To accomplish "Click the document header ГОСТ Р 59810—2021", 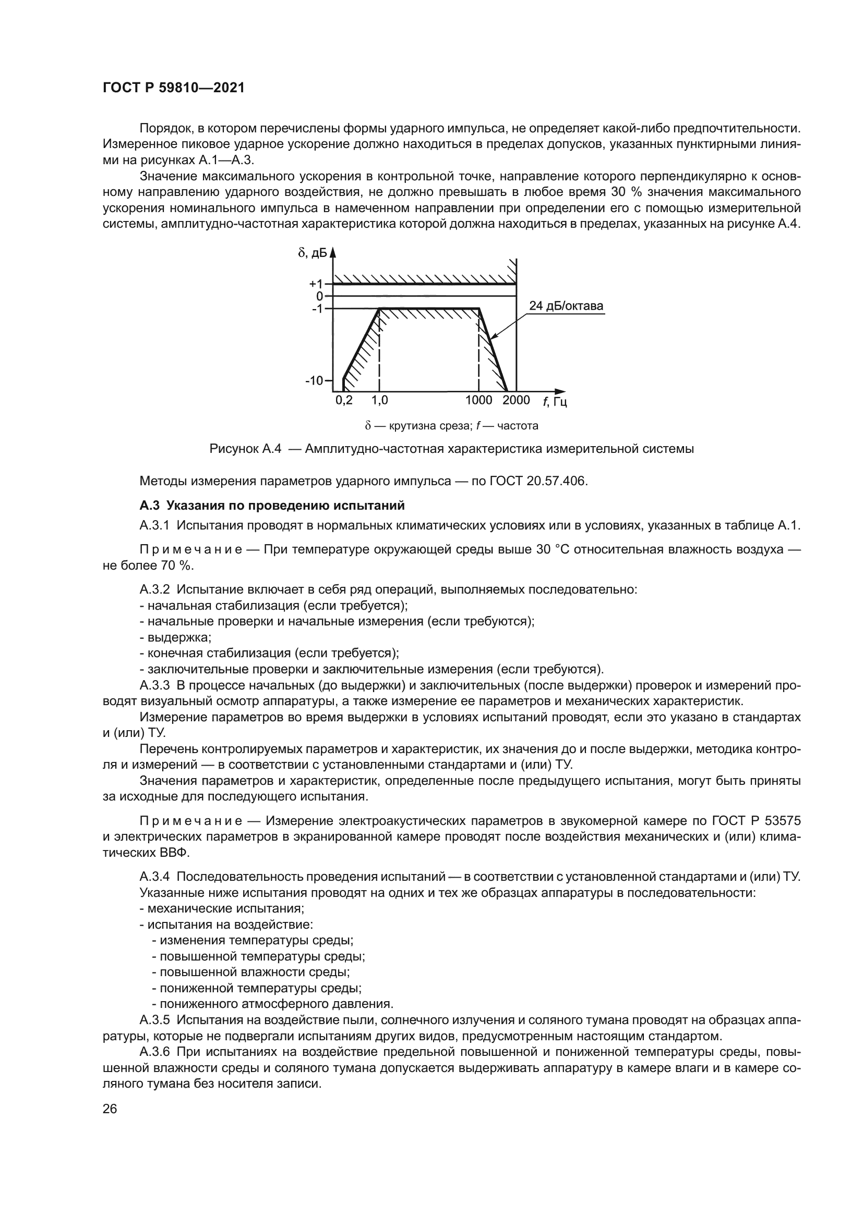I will [x=174, y=88].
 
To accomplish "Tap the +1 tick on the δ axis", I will [x=317, y=284].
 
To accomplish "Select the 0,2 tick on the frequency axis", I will [x=344, y=400].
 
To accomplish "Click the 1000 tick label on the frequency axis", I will [x=478, y=400].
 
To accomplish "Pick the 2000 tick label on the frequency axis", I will [x=516, y=400].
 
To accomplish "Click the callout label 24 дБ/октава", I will [x=566, y=306].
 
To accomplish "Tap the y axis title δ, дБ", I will [x=313, y=253].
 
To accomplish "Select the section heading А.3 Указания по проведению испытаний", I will [x=272, y=505].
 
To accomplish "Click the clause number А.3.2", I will [x=154, y=589].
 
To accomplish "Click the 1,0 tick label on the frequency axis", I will [x=379, y=400].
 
